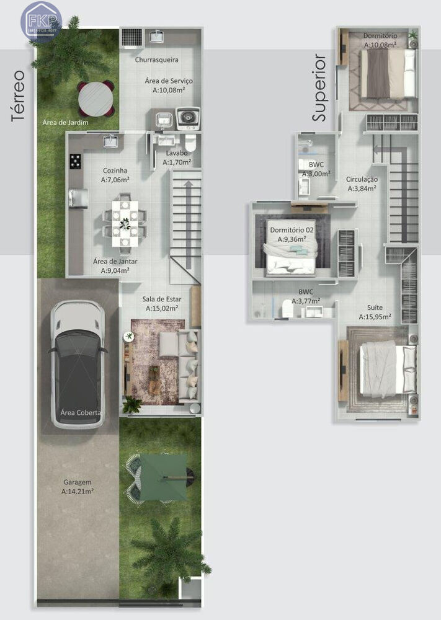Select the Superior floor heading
coord(319,87)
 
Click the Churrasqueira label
coord(157,60)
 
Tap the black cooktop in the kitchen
coord(76,161)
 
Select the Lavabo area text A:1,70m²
coord(177,162)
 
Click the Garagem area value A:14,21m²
coord(78,491)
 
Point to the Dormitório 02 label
coord(292,230)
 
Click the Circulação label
coord(362,179)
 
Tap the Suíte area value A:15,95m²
coord(375,317)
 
